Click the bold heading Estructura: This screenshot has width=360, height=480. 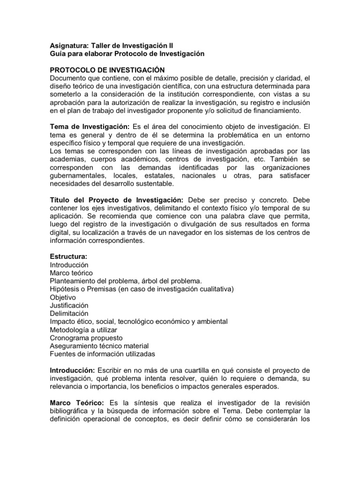point(69,257)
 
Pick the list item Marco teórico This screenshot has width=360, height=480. point(71,273)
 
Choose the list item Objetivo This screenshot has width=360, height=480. point(63,297)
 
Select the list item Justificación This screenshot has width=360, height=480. point(69,305)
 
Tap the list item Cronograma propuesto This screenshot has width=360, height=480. point(86,337)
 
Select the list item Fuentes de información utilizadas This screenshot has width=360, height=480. point(102,354)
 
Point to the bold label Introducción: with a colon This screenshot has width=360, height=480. point(73,370)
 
